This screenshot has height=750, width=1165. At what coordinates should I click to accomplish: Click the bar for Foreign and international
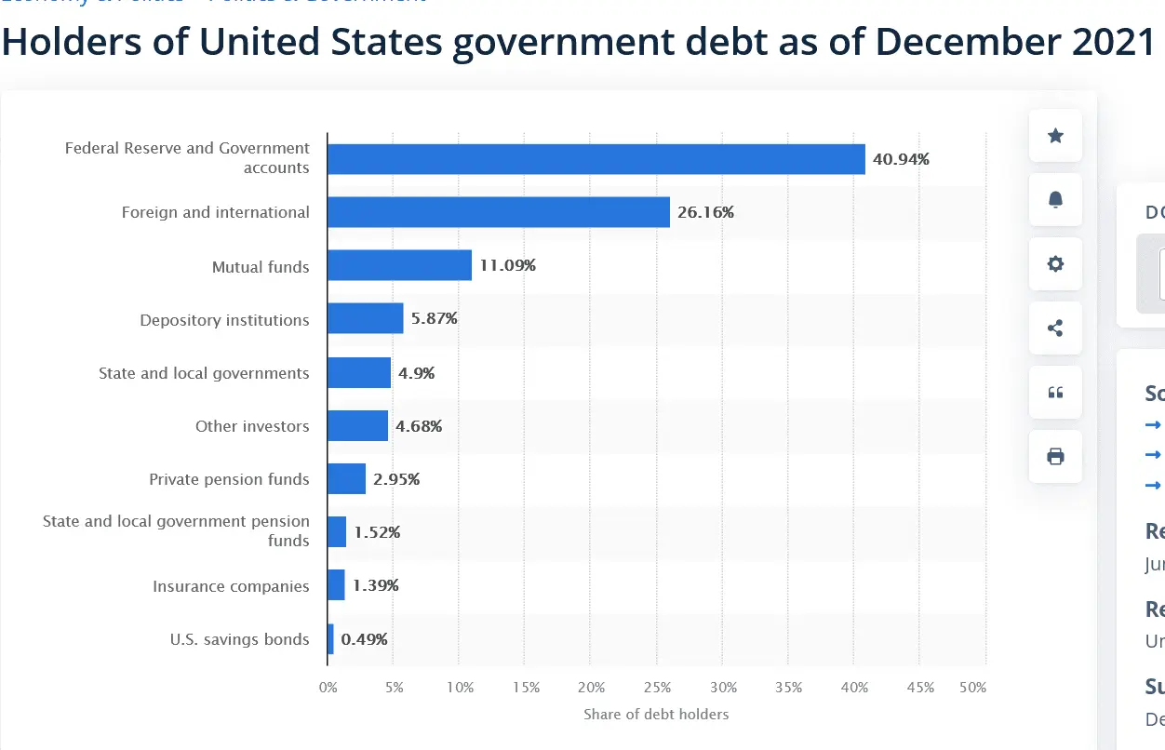[498, 212]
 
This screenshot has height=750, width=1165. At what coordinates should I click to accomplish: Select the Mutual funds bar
[399, 265]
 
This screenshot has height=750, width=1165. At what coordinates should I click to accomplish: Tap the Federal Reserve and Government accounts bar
[596, 159]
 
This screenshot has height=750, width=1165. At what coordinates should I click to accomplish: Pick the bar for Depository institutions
[365, 318]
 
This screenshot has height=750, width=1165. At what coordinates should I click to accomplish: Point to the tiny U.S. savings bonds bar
[330, 639]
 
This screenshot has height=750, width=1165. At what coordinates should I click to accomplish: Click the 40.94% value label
[901, 159]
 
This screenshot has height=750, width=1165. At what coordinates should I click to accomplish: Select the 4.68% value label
[419, 426]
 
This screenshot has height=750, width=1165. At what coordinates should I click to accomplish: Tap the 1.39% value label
[376, 585]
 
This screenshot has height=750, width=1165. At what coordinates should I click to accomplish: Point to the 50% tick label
[972, 688]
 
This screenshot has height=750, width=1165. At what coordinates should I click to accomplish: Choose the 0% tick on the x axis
[328, 688]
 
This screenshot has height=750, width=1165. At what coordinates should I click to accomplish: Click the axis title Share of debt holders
[656, 715]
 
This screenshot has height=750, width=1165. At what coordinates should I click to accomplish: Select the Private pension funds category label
[229, 479]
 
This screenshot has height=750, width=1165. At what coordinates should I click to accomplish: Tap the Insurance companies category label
[231, 586]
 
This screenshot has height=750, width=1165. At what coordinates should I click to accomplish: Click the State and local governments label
[204, 373]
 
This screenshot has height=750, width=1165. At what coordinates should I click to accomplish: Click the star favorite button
[1055, 136]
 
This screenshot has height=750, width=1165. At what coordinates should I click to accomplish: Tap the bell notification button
[1055, 200]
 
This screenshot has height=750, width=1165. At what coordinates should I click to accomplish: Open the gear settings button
[1055, 264]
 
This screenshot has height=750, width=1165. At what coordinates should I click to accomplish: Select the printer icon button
[1055, 457]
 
